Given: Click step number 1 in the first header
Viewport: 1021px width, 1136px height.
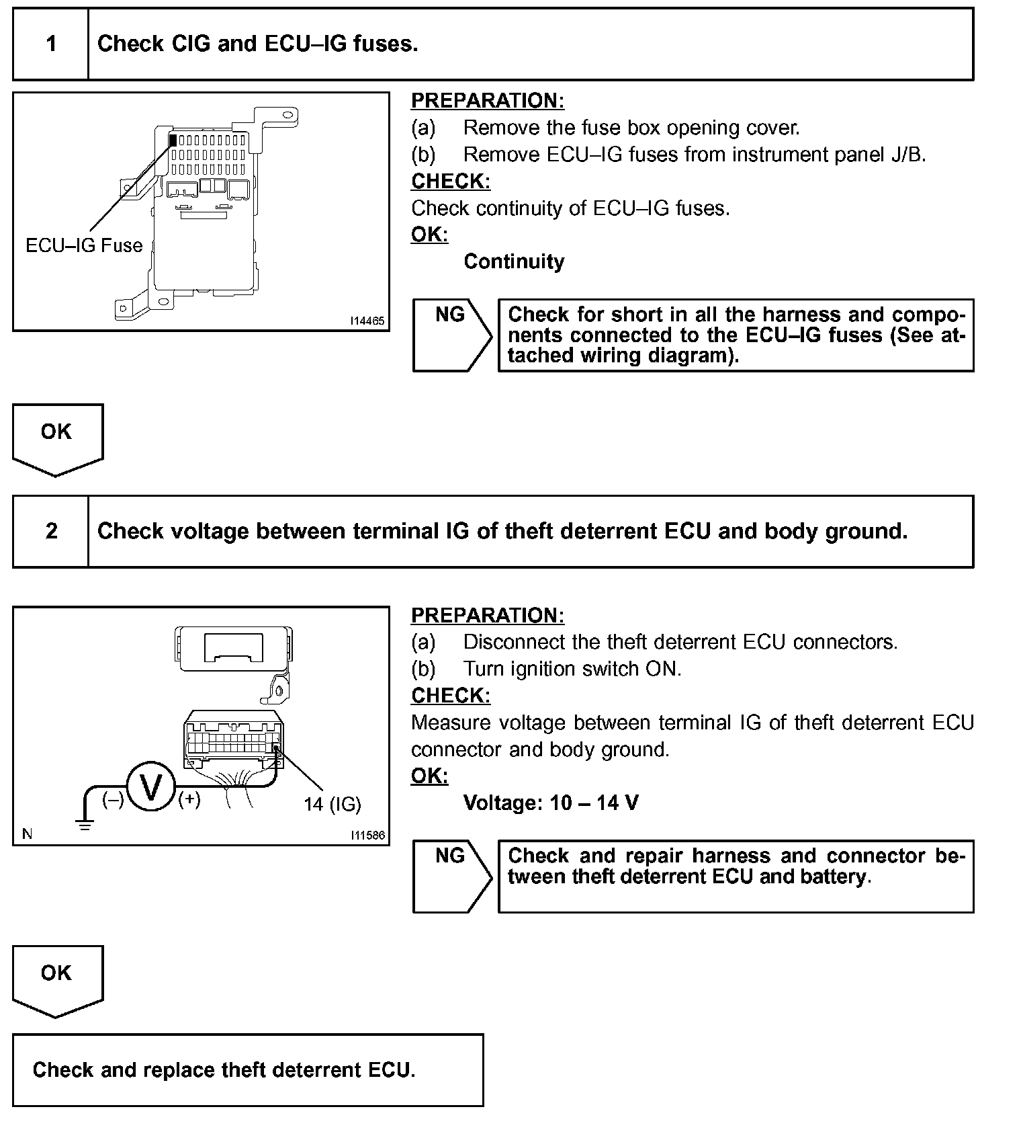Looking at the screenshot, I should click(x=51, y=44).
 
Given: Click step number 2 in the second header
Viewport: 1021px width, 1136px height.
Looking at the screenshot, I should click(x=51, y=532).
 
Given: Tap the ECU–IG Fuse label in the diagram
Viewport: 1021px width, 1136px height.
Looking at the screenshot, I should click(x=84, y=245).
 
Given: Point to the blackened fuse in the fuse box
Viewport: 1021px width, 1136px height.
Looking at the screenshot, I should click(x=173, y=140).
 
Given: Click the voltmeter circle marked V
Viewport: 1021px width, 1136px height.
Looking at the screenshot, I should click(x=151, y=785).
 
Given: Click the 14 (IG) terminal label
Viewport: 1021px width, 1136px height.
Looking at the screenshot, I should click(x=332, y=804).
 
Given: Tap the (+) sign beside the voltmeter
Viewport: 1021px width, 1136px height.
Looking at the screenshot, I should click(x=189, y=799).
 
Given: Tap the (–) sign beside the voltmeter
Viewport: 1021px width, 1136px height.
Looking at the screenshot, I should click(x=113, y=800).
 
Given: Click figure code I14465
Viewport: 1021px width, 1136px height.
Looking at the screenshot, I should click(x=367, y=321).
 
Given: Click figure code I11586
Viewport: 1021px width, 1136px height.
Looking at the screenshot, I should click(x=367, y=836).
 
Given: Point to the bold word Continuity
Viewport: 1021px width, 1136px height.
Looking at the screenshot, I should click(x=514, y=261).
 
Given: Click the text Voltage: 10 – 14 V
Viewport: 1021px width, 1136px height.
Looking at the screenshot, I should click(x=551, y=803).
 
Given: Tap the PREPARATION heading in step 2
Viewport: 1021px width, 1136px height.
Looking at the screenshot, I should click(x=488, y=615).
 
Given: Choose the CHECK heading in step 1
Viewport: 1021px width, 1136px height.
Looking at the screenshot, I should click(x=451, y=181).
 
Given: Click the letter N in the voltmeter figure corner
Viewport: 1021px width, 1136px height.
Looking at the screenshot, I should click(x=28, y=834).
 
